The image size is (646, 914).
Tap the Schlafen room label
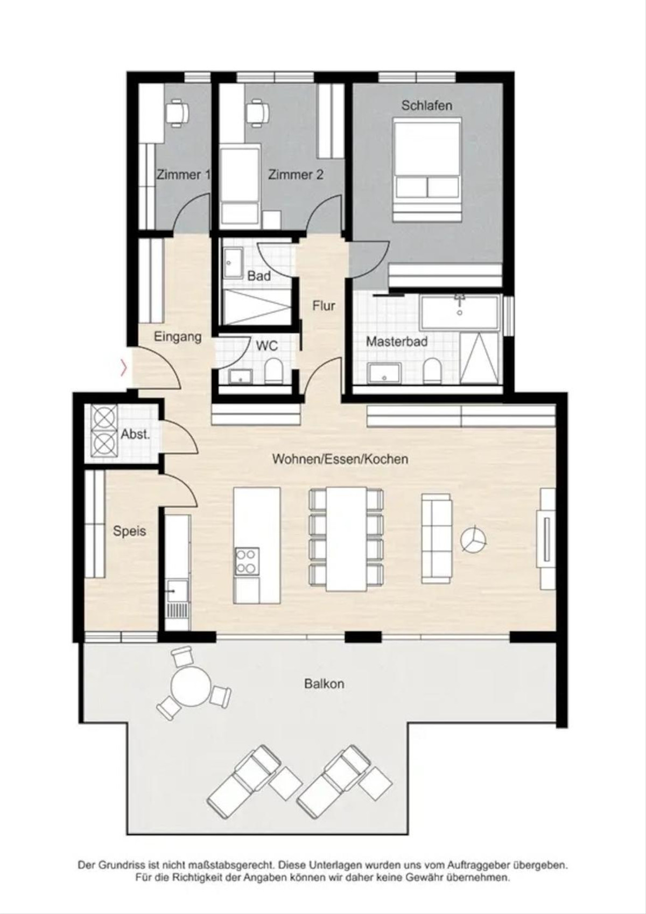(x=426, y=106)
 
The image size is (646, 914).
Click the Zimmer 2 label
(x=296, y=175)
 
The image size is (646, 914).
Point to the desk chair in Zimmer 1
(x=177, y=112)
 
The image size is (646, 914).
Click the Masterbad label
(x=396, y=341)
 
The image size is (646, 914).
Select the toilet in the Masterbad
(x=431, y=371)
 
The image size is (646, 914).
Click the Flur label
(x=324, y=305)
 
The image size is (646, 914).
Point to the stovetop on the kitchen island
(x=247, y=561)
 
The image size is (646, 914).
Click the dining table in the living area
(x=347, y=539)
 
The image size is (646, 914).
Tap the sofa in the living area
(x=437, y=538)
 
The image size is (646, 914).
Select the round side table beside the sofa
(x=473, y=540)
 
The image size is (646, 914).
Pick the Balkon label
(x=324, y=683)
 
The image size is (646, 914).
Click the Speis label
(x=129, y=531)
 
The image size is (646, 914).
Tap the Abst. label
(x=136, y=434)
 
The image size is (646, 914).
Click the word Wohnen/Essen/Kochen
(x=340, y=459)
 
